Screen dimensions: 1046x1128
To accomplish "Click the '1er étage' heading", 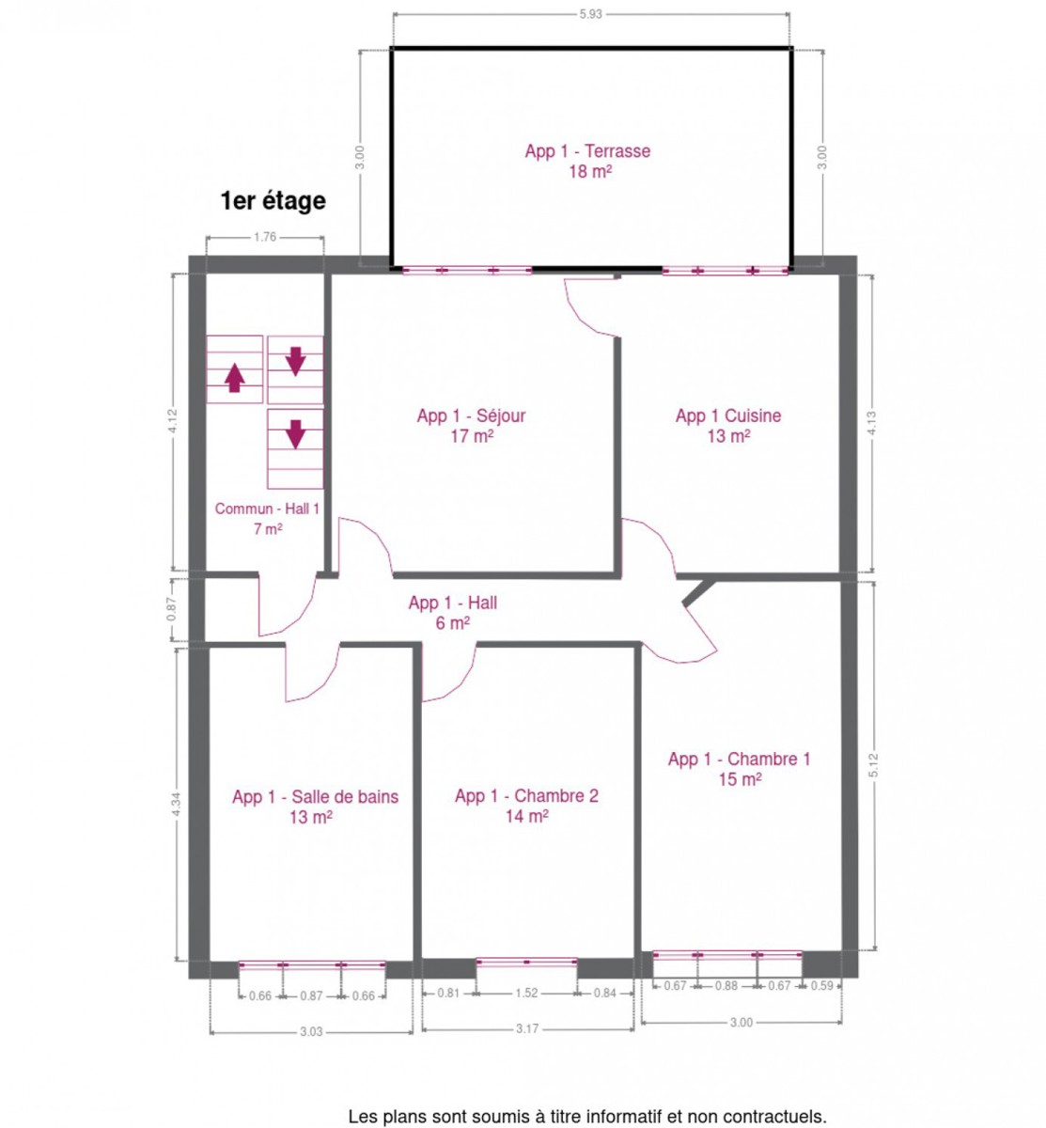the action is (x=273, y=201).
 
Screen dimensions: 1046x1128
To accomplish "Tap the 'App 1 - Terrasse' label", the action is (x=587, y=151).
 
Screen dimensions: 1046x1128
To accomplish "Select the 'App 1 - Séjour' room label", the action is (x=472, y=415).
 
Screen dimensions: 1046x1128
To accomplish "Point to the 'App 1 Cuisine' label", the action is (x=728, y=415).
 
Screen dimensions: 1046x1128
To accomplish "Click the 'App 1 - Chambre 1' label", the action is (x=739, y=759).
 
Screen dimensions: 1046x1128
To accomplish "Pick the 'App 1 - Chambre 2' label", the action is (x=526, y=796).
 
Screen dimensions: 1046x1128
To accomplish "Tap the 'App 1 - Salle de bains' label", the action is (x=315, y=797).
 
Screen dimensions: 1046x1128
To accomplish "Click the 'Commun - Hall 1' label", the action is (x=267, y=509).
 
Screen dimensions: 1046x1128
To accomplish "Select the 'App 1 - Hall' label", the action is (x=453, y=603).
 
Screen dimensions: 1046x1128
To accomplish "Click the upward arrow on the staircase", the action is (x=235, y=378).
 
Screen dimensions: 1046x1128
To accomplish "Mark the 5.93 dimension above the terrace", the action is (x=590, y=14).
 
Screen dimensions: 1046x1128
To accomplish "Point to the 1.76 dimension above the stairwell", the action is (x=265, y=237).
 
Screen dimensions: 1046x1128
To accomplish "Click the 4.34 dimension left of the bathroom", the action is (x=177, y=805).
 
